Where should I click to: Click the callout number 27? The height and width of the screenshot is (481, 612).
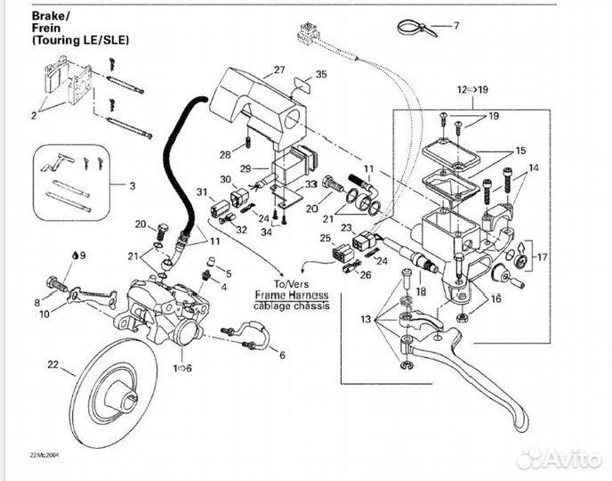[x=279, y=69]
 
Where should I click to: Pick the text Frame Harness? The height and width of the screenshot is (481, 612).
[x=291, y=295]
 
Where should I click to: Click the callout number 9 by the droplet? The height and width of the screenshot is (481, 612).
[x=84, y=256]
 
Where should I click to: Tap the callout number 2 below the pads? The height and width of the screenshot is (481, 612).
[x=35, y=116]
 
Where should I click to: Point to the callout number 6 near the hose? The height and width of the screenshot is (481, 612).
[x=282, y=355]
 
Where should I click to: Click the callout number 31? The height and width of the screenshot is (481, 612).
[x=202, y=192]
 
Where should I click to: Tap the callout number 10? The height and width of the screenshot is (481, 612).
[x=44, y=313]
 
